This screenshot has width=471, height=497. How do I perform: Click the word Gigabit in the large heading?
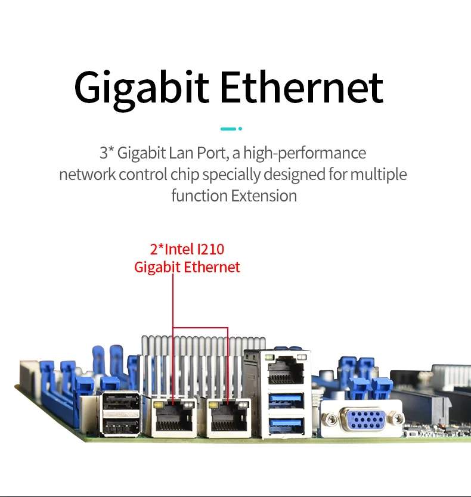click(x=142, y=88)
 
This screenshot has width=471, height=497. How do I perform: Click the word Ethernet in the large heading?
click(x=301, y=88)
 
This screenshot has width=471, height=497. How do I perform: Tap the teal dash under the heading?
click(x=228, y=129)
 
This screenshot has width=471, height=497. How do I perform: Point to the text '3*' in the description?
click(x=106, y=153)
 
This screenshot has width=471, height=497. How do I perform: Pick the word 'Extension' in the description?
click(x=264, y=195)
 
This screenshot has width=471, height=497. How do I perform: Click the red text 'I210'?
click(x=210, y=249)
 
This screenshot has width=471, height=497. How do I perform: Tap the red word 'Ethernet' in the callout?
click(x=212, y=267)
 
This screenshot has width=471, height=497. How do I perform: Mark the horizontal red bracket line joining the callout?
click(x=200, y=328)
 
